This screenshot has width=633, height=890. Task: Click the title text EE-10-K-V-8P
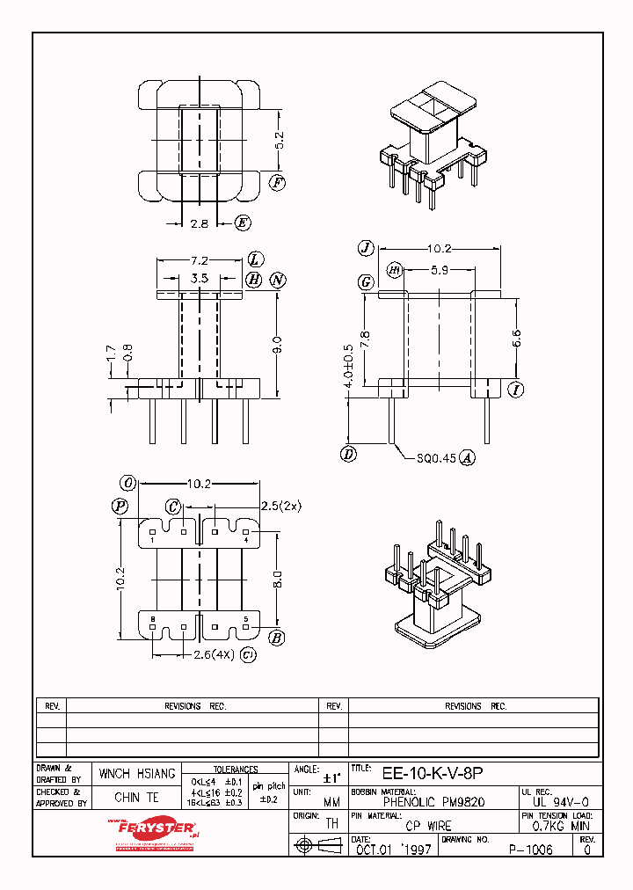tap(432, 775)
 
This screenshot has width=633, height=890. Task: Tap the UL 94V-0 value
tap(561, 802)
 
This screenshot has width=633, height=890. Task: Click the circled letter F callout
tap(277, 183)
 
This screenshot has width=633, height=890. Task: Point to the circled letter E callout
tap(242, 223)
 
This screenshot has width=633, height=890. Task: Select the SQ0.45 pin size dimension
tap(437, 457)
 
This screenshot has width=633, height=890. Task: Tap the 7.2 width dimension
tap(200, 261)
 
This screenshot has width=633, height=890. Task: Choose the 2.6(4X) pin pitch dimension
tap(211, 654)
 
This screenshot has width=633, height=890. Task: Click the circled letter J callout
tap(366, 248)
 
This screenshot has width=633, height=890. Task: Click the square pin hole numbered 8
tap(154, 627)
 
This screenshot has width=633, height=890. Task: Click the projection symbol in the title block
tap(317, 845)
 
